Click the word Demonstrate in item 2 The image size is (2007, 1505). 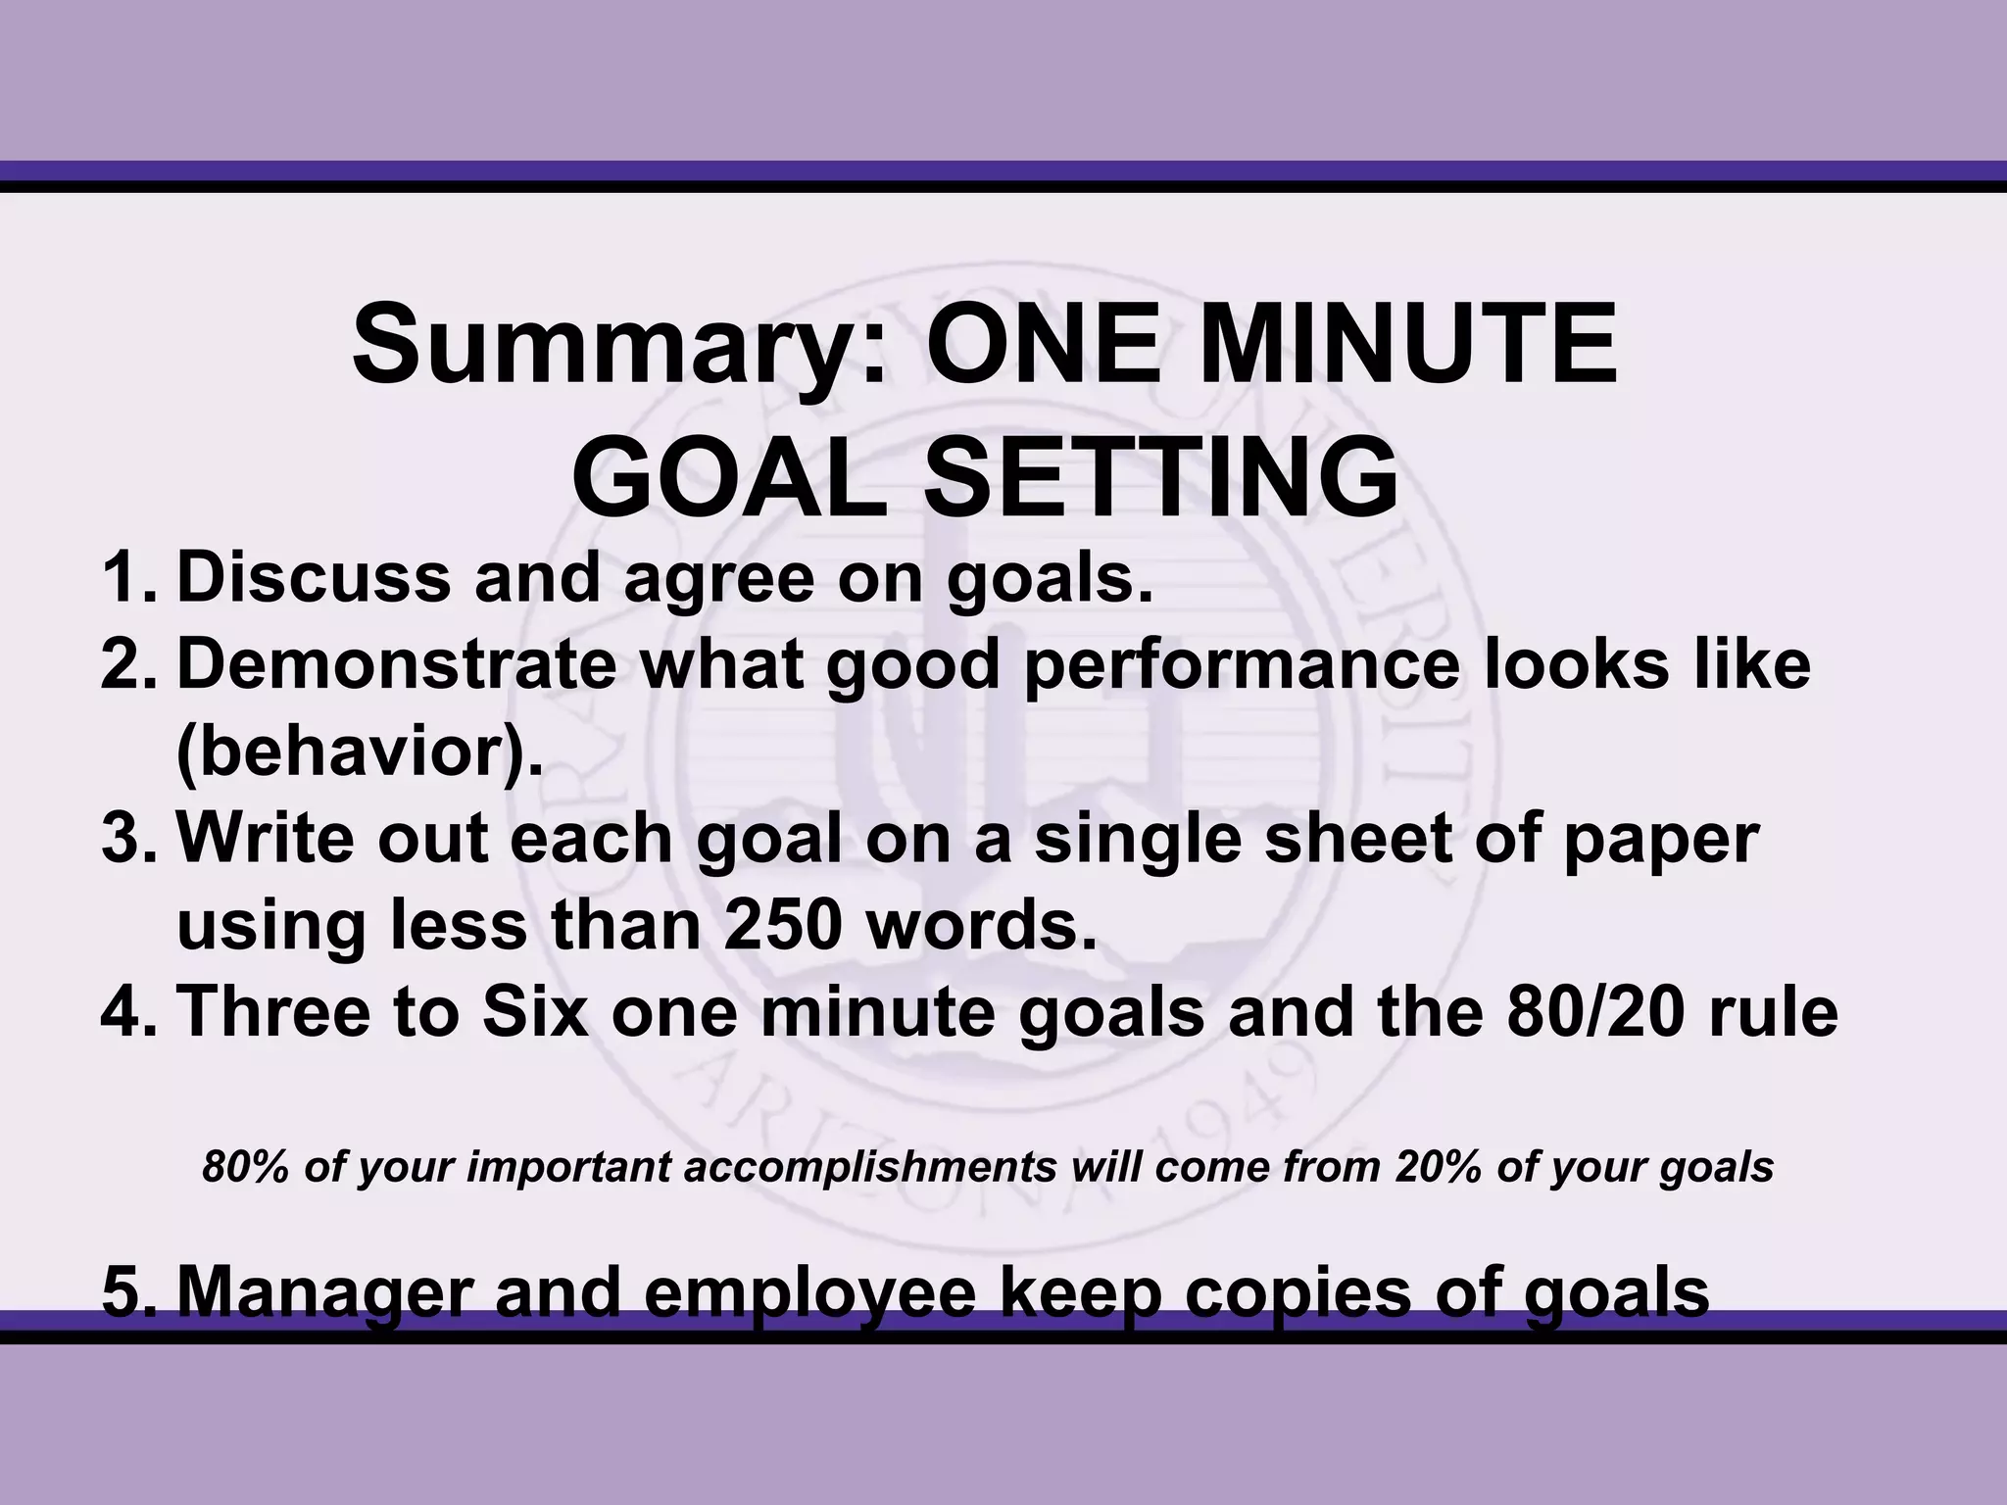[x=397, y=665]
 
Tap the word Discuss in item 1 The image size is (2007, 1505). [x=314, y=577]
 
